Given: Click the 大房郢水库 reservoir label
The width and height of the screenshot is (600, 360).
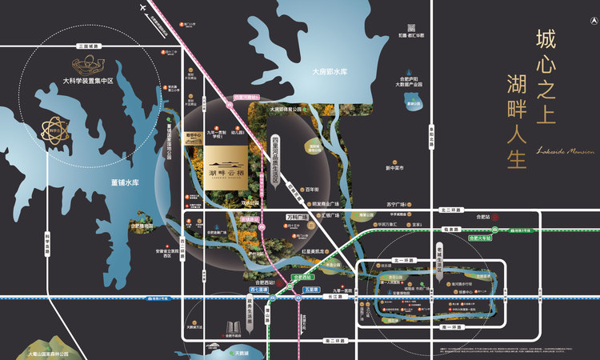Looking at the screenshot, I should click(x=330, y=72).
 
